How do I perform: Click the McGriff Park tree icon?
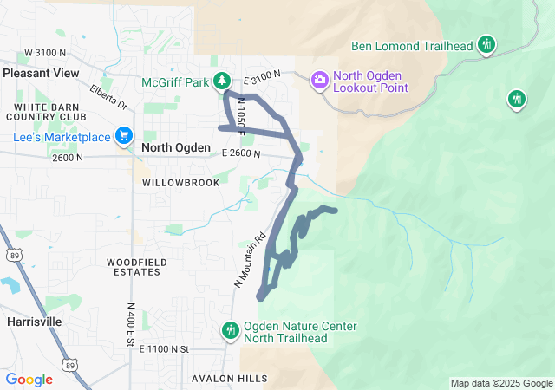click(x=223, y=81)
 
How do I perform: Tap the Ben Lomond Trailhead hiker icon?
click(x=487, y=45)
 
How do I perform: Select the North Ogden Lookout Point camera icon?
click(x=319, y=80)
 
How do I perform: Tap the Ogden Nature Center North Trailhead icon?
click(x=231, y=330)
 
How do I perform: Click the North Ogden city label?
click(x=175, y=148)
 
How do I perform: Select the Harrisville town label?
click(x=34, y=321)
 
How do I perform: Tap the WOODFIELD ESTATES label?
click(x=134, y=266)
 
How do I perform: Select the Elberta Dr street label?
click(x=108, y=96)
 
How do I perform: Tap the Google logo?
click(x=29, y=380)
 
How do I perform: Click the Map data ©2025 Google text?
click(x=500, y=383)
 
